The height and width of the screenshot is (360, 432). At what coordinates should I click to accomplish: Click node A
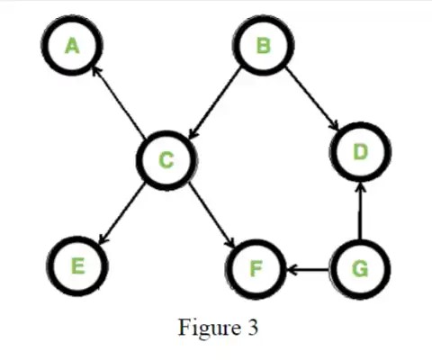click(73, 44)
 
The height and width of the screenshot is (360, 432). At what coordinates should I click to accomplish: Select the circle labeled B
click(262, 44)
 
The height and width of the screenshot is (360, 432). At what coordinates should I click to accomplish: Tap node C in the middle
click(166, 160)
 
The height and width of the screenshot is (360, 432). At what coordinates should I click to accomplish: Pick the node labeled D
click(360, 152)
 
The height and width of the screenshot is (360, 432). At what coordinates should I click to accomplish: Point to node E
click(77, 266)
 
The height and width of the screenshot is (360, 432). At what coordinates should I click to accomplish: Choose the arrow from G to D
click(360, 212)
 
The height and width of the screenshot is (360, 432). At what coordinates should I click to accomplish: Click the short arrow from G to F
click(308, 268)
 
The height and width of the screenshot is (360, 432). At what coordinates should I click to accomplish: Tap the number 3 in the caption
click(253, 326)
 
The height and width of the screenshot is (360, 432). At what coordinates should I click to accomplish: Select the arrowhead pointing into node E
click(101, 239)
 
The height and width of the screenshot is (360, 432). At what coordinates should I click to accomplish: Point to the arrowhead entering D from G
click(360, 187)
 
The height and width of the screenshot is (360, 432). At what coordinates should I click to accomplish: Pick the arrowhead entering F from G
click(291, 268)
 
